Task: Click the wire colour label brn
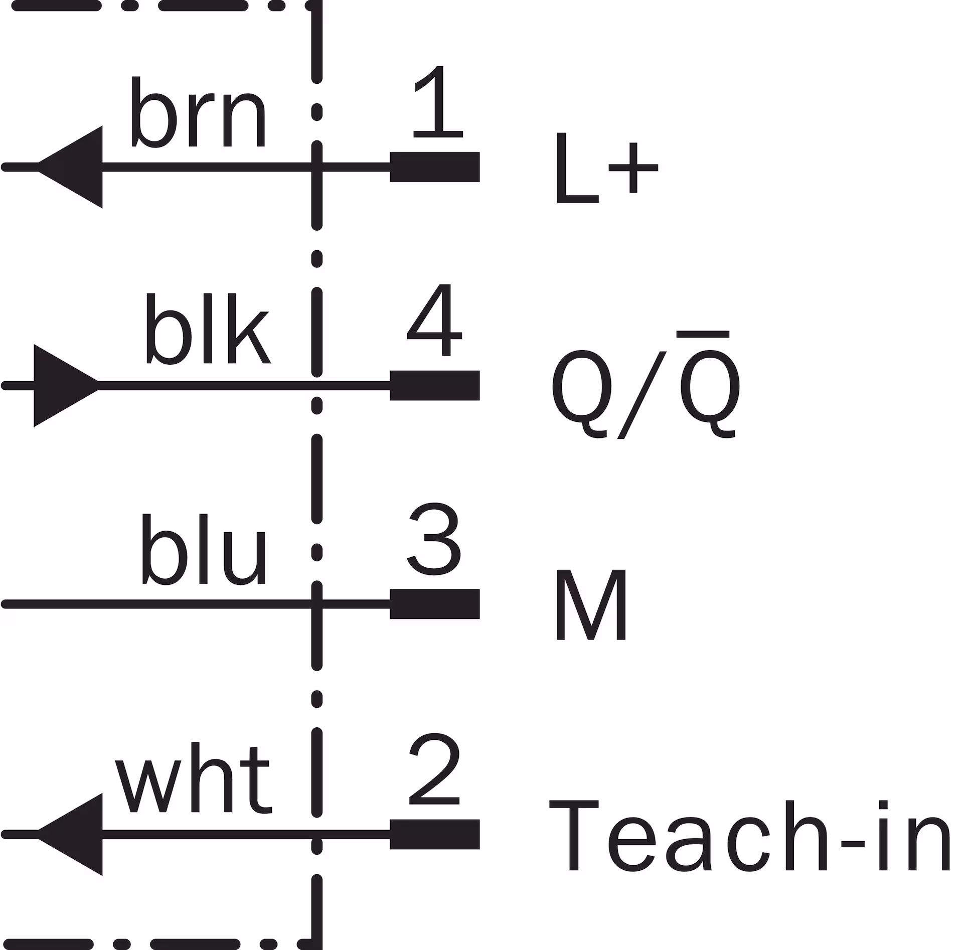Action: (198, 112)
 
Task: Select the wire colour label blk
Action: (208, 329)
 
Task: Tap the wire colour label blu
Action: (203, 550)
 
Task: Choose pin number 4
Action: (434, 320)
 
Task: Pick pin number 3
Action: (434, 540)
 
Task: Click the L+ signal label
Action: (606, 168)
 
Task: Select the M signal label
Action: (591, 604)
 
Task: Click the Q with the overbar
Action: (709, 384)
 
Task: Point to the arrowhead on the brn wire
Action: (70, 167)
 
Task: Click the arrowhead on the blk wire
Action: (67, 386)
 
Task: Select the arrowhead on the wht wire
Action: (70, 834)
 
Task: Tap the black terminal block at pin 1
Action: (435, 167)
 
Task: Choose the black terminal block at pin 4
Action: (435, 385)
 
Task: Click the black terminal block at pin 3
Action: (435, 604)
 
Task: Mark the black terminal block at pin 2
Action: (435, 834)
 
